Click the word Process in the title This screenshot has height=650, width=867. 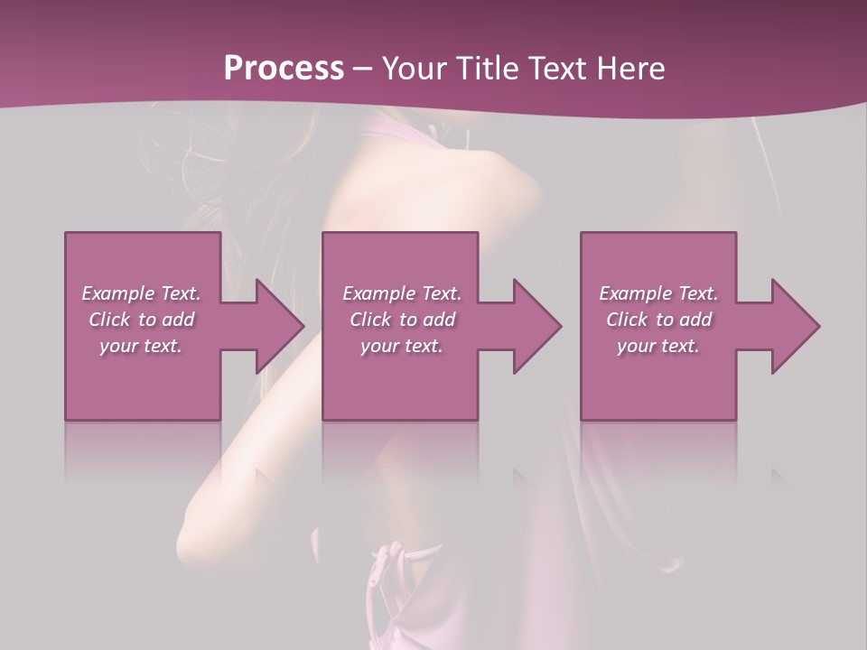(x=284, y=68)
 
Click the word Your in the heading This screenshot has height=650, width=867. (x=413, y=68)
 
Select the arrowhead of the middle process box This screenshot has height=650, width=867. (x=536, y=326)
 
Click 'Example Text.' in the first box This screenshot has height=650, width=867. (x=141, y=293)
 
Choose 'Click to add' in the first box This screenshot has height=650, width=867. (x=141, y=320)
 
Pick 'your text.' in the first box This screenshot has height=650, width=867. (x=141, y=346)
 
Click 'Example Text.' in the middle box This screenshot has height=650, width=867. (x=402, y=293)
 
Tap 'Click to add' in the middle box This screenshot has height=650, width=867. (x=402, y=320)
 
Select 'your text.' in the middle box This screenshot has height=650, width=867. (x=402, y=346)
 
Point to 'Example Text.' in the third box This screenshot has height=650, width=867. (x=658, y=293)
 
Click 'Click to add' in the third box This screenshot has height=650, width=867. (x=658, y=320)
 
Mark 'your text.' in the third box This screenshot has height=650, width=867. (x=658, y=346)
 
